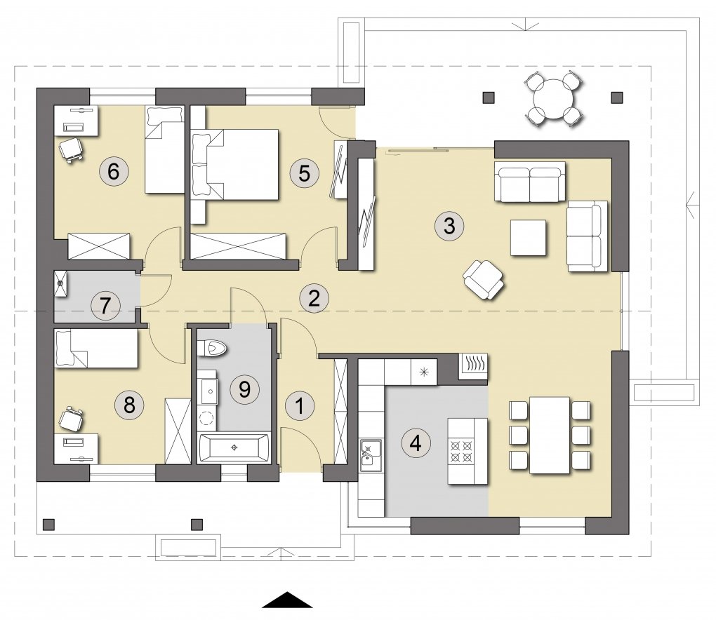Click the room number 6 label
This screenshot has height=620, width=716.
(113, 172)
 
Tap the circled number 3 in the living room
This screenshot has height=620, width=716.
(449, 225)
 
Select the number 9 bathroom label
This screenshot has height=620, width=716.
(244, 389)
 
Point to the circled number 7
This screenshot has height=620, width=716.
(105, 306)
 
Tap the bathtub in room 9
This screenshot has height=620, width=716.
(234, 448)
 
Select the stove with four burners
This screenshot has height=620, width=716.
(461, 451)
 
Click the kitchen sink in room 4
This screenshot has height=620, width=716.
(371, 456)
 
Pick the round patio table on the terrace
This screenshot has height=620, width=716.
(553, 99)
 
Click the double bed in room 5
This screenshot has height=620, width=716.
(235, 164)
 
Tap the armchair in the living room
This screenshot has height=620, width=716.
(483, 280)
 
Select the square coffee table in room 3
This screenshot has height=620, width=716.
(529, 238)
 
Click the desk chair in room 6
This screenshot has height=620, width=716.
(70, 149)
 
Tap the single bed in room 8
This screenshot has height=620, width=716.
(96, 349)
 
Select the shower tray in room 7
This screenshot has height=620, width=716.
(60, 284)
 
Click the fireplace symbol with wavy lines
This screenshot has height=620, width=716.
(472, 366)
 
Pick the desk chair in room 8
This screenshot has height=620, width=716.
(71, 419)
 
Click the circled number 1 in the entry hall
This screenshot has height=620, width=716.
(299, 405)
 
